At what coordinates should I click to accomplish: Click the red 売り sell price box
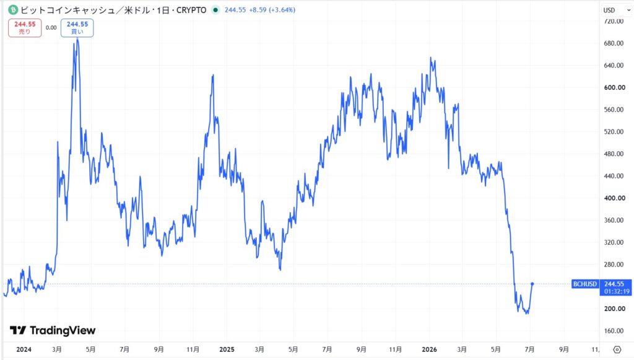click(25, 28)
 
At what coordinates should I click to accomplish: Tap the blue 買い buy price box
click(77, 28)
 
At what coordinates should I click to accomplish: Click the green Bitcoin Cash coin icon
click(13, 10)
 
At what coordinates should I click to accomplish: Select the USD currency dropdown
click(616, 10)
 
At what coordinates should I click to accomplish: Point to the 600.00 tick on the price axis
click(614, 87)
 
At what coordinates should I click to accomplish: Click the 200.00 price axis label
click(614, 309)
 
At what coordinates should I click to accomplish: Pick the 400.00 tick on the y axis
click(614, 198)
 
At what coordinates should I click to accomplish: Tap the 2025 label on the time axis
click(227, 349)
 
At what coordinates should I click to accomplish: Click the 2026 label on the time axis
click(429, 349)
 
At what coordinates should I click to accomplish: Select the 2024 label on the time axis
click(24, 349)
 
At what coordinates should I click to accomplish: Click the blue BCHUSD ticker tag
click(585, 284)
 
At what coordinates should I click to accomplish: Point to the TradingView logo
click(53, 330)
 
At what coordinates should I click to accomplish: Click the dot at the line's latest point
click(532, 284)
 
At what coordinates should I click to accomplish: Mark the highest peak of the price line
click(77, 38)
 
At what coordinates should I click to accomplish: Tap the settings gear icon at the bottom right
click(617, 349)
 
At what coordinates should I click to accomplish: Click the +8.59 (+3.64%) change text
click(272, 10)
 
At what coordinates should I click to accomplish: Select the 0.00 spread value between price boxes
click(51, 28)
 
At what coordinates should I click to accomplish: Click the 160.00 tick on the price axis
click(614, 331)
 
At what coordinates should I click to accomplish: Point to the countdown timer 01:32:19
click(617, 291)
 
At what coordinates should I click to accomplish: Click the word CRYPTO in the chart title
click(191, 10)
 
